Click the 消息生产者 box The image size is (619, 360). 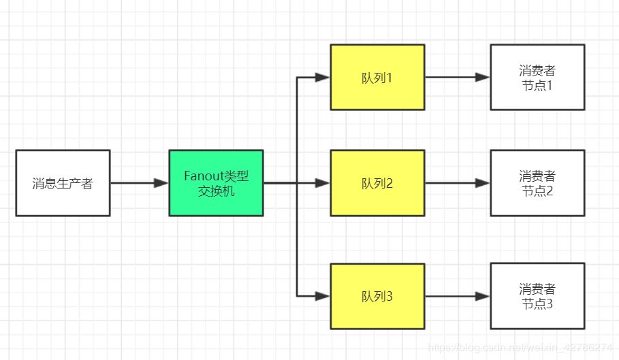(x=63, y=183)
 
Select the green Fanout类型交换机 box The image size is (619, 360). (x=216, y=183)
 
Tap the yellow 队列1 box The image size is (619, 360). (x=377, y=77)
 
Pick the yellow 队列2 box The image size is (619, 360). (x=377, y=183)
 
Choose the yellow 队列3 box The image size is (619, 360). (x=377, y=296)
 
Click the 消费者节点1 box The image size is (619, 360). (x=537, y=77)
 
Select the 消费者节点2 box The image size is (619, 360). (x=537, y=183)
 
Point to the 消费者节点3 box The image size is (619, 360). (x=537, y=296)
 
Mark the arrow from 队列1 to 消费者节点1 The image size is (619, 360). (x=457, y=78)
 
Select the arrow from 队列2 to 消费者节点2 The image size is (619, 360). (x=457, y=183)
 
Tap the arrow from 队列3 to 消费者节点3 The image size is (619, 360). (x=457, y=296)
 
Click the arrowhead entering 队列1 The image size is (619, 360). (x=323, y=78)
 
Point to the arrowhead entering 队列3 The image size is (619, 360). (x=323, y=296)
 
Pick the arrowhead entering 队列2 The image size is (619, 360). (x=323, y=183)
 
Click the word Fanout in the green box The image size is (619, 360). (x=202, y=176)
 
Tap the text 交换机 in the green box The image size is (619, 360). (x=216, y=191)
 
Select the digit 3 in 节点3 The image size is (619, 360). (x=550, y=304)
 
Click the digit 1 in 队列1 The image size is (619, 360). (x=390, y=78)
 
